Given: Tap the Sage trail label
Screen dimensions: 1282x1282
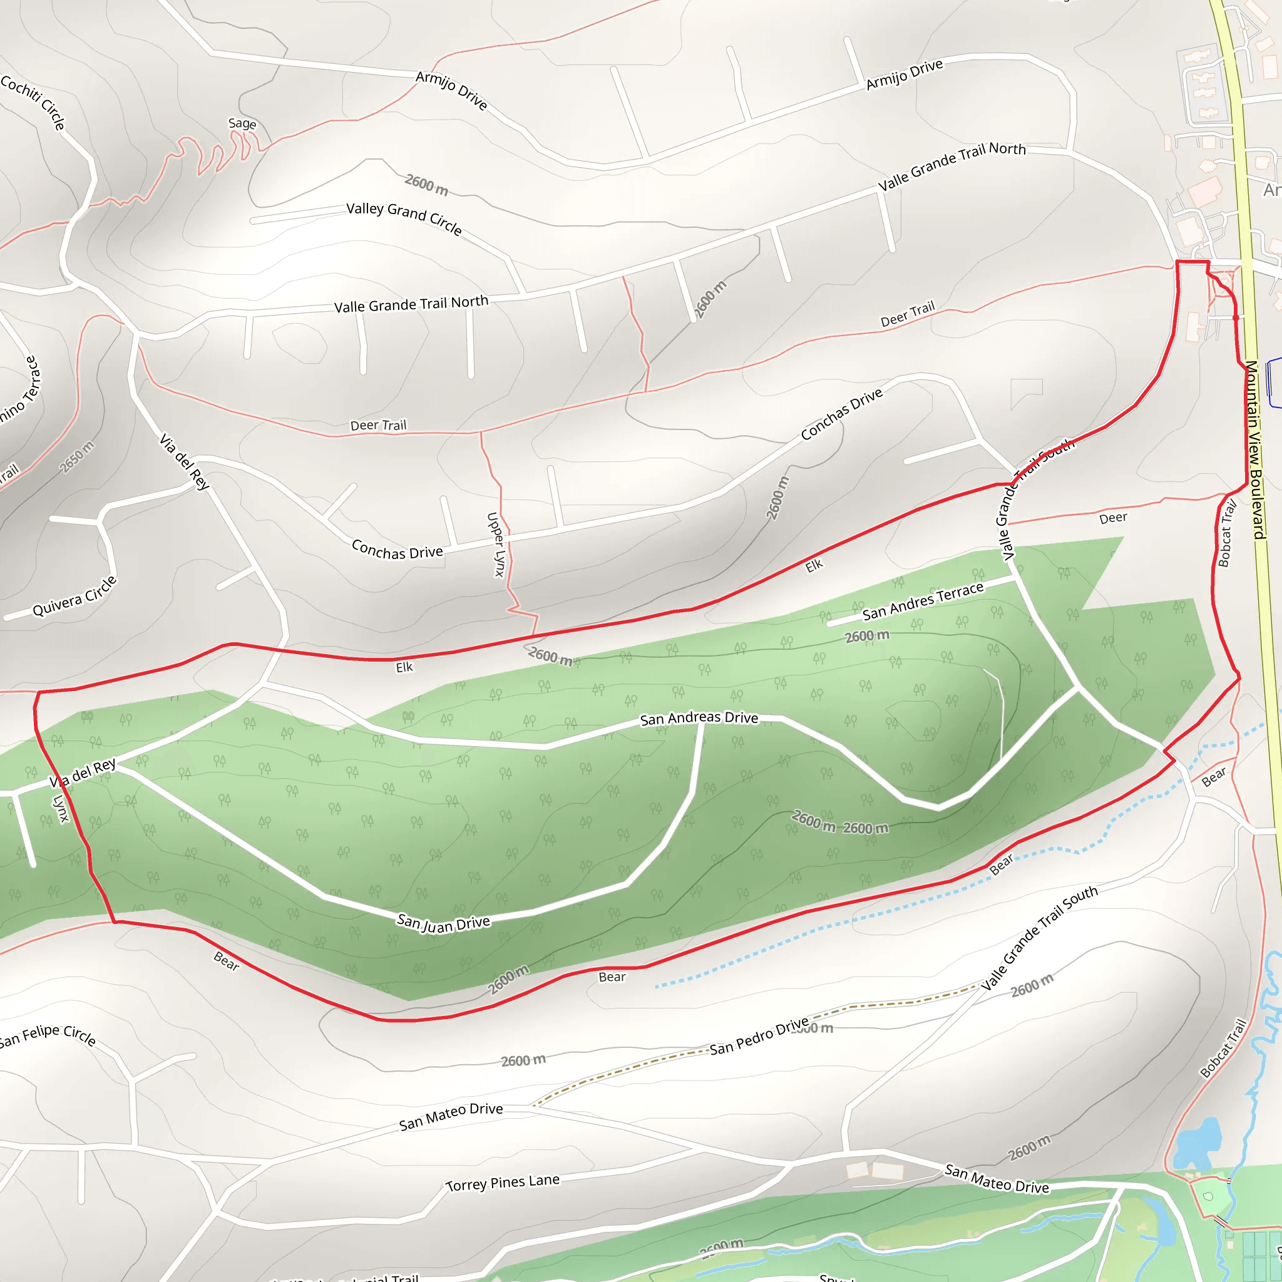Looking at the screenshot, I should pos(242,123).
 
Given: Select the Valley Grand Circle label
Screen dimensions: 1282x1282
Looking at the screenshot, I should pos(404,217).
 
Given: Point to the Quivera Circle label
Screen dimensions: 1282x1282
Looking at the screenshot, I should pos(74,597).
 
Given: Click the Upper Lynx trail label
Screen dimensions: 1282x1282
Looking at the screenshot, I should pos(496,544).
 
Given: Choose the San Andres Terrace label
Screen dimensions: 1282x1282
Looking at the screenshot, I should pos(922,601).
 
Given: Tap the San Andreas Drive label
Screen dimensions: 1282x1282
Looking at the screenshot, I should pos(699,718).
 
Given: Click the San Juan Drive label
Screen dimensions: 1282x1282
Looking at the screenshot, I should pos(443,923).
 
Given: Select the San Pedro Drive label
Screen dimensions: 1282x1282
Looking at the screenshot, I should pos(759,1037).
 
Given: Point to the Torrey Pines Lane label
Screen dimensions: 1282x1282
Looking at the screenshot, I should pos(502,1183).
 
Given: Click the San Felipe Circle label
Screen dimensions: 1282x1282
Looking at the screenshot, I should pos(48,1035).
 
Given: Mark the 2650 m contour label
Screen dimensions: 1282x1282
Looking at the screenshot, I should pos(77,456).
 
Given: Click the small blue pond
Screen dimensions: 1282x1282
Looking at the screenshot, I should pos(1198,1143).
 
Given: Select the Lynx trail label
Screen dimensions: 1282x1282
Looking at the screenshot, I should pos(61,808).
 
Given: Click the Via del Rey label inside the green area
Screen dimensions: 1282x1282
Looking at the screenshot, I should pos(83,773).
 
